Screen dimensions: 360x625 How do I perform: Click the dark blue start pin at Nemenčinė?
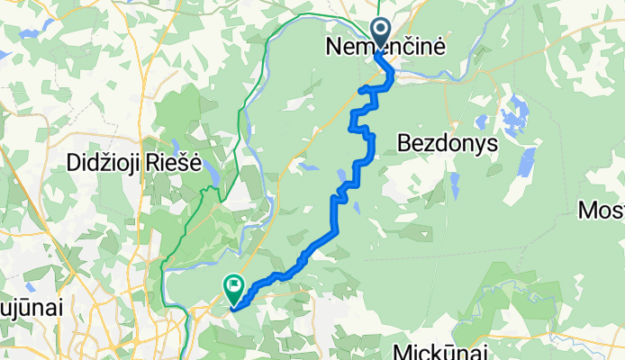[379, 31]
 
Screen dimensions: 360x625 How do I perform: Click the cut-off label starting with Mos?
[601, 211]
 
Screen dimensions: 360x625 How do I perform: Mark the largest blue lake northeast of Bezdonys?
[516, 116]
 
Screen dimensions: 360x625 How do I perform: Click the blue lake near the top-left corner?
[27, 35]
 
